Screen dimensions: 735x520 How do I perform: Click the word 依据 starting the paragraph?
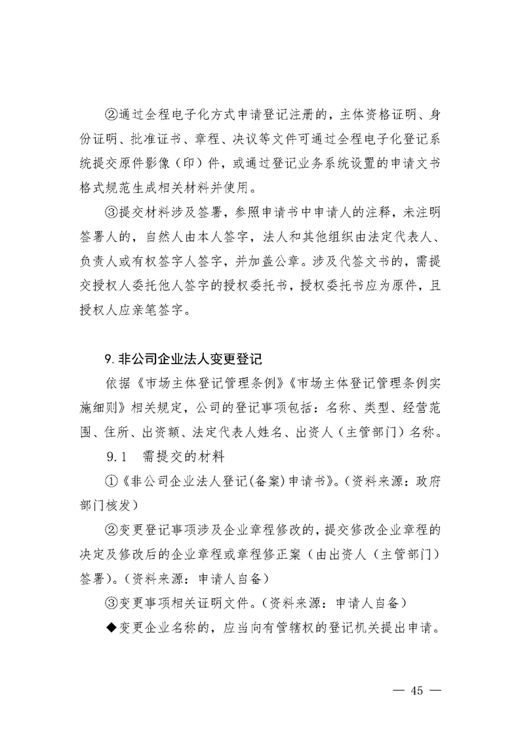tap(117, 383)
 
